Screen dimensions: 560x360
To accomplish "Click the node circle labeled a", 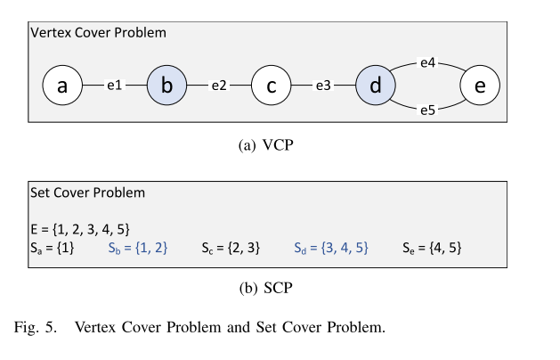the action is pos(62,86).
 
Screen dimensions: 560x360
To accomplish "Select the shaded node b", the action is pos(166,86).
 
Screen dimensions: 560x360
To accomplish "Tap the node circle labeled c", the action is pos(271,86).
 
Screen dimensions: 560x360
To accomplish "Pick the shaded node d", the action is pos(375,86).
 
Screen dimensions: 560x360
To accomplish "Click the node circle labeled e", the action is pos(480,86).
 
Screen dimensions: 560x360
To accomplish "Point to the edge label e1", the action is pos(114,86).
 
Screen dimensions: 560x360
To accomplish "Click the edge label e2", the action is pos(218,86).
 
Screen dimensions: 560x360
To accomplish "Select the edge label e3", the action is pos(322,86).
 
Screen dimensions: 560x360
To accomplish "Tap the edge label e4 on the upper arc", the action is pos(427,63).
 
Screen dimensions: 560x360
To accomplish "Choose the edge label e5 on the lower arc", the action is pos(427,110).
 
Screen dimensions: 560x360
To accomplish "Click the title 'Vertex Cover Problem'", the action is pos(98,32).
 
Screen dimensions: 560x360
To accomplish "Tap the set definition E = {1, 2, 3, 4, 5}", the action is pos(81,229).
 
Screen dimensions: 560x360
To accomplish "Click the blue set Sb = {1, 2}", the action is pos(138,248).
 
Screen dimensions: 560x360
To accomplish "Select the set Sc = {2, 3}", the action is pos(231,248).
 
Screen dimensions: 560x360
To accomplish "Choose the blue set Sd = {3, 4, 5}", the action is pos(331,248).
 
